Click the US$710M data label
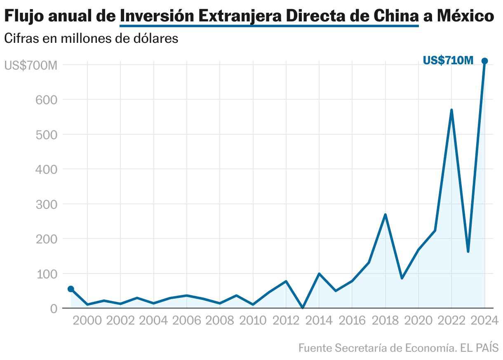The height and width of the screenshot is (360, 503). click(x=448, y=61)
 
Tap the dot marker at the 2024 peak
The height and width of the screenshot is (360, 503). click(x=485, y=61)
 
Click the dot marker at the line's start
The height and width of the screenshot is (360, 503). click(x=71, y=289)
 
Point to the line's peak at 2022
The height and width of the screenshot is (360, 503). click(x=451, y=110)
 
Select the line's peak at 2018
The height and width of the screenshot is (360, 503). click(x=385, y=215)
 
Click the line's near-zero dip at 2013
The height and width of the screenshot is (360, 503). click(x=303, y=307)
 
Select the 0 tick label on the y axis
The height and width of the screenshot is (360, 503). click(x=54, y=309)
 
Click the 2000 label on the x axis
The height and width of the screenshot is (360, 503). click(x=87, y=320)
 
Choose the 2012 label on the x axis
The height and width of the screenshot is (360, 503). click(x=286, y=320)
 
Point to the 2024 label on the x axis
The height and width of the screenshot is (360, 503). click(x=485, y=320)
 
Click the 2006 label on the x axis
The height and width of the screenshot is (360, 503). click(x=187, y=320)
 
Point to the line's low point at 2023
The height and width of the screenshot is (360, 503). click(x=468, y=251)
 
